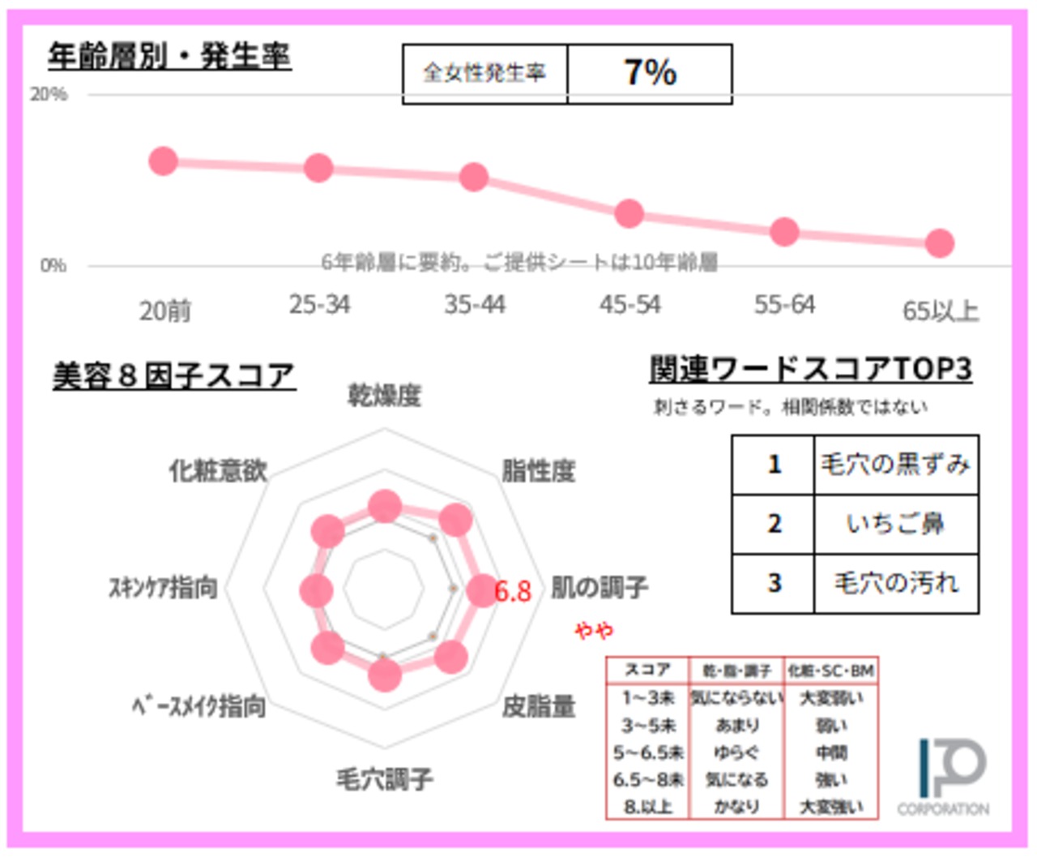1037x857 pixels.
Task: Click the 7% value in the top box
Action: [x=650, y=73]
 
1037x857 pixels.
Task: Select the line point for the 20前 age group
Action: [x=164, y=161]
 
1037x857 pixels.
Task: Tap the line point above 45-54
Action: [x=629, y=214]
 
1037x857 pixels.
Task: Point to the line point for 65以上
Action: [x=940, y=242]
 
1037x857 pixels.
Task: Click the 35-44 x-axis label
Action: [x=475, y=305]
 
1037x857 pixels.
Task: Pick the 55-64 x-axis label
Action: [x=784, y=305]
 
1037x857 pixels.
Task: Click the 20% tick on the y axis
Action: [x=49, y=95]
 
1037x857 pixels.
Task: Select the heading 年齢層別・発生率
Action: [x=169, y=56]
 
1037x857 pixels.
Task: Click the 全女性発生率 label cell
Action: [x=484, y=74]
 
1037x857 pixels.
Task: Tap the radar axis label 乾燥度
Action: [x=385, y=396]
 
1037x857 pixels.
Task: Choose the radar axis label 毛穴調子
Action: [x=385, y=779]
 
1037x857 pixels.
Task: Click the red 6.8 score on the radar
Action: [x=513, y=591]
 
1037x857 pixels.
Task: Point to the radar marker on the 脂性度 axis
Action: [x=455, y=520]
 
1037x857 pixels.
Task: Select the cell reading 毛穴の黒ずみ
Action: [x=895, y=465]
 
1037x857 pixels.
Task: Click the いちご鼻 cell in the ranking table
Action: [x=895, y=524]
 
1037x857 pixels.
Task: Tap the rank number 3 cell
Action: [x=774, y=583]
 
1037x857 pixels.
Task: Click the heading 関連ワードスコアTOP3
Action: [x=810, y=370]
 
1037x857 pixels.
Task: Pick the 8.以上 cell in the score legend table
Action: [x=647, y=807]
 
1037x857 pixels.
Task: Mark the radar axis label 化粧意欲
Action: [x=218, y=470]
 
